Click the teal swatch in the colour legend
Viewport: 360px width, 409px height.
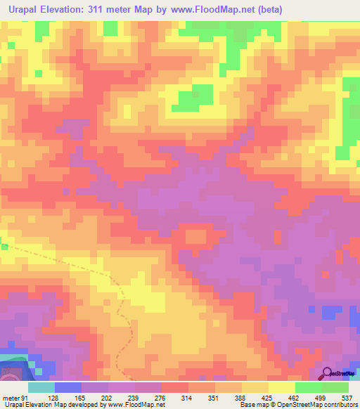tap(41, 387)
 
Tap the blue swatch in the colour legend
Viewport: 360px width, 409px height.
tap(67, 387)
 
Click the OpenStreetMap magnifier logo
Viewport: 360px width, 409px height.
tap(328, 373)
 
